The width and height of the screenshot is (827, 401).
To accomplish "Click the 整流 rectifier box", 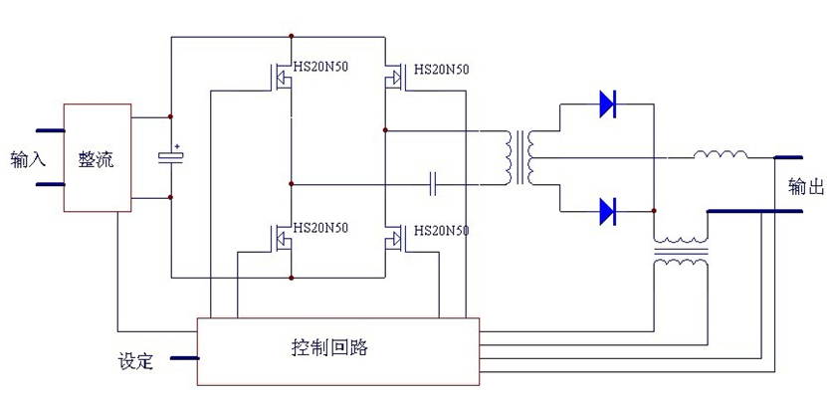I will click(97, 157).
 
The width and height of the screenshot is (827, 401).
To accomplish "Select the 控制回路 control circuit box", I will click(337, 350).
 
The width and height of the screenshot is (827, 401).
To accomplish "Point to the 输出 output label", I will click(804, 185).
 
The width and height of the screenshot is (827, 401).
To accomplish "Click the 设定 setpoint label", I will click(135, 361).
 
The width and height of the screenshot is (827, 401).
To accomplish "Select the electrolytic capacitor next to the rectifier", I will click(171, 156).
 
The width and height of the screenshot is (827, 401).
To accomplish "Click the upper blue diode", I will click(608, 103).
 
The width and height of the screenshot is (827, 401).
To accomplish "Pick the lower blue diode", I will click(608, 211).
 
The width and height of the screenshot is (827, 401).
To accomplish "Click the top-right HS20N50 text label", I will click(441, 69).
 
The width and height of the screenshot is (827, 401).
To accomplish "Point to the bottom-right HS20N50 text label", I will click(441, 230).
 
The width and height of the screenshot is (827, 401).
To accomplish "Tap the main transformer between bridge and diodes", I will click(522, 157).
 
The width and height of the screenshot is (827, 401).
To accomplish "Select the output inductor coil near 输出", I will click(721, 154).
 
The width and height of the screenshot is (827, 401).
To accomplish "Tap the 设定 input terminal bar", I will click(184, 356).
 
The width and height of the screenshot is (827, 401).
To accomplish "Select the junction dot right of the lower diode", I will click(654, 211).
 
